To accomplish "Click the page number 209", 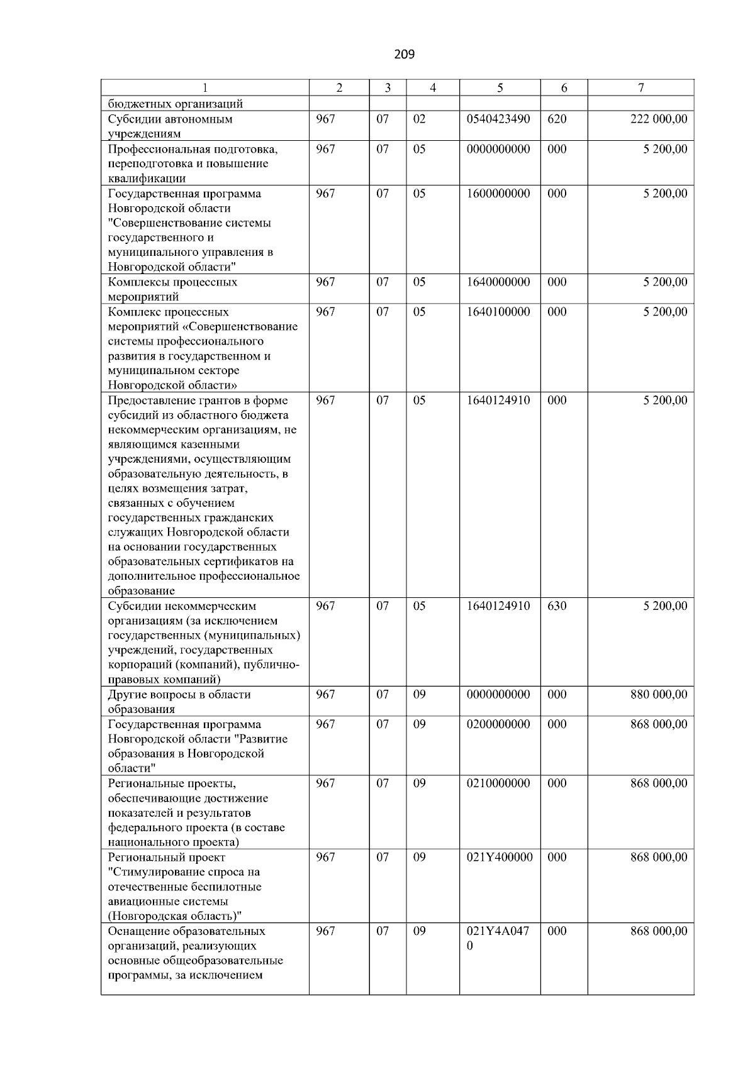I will (x=404, y=55).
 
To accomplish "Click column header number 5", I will (x=500, y=89).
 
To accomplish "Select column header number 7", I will (x=640, y=89).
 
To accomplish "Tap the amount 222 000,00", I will (x=659, y=119).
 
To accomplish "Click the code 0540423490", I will (x=498, y=119).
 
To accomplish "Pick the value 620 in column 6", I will (x=557, y=119).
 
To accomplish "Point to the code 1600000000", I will (x=498, y=194).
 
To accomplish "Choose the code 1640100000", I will (x=498, y=312).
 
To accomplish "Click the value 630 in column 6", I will (x=557, y=606).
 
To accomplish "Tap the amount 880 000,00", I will (x=659, y=695).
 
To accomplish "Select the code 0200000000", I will (x=498, y=724).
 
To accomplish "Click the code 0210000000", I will (x=498, y=783).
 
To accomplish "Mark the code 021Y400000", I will (x=500, y=858).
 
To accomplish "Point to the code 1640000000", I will (x=498, y=282).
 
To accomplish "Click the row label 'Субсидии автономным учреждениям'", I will (x=170, y=126).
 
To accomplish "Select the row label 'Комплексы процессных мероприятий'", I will (x=172, y=289).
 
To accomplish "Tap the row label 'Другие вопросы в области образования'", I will (x=179, y=702).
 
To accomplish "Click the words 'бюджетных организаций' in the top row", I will (x=175, y=104).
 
